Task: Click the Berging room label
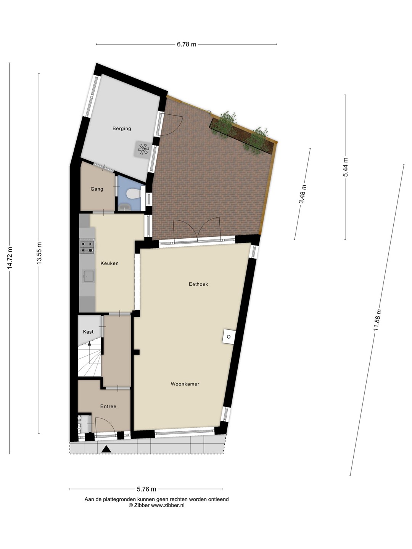point(122,128)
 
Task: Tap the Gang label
point(97,189)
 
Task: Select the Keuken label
point(109,263)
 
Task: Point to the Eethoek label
point(198,284)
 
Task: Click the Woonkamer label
point(185,384)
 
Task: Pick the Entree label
point(108,407)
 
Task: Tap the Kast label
point(88,332)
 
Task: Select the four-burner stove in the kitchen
point(87,246)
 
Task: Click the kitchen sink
point(89,276)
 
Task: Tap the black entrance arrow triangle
point(106,449)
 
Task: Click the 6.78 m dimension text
point(187,45)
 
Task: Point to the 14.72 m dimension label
point(10,258)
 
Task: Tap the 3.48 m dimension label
point(303,194)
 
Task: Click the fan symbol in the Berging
point(143,150)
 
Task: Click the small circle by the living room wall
point(229,337)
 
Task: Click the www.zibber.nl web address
point(167,505)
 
